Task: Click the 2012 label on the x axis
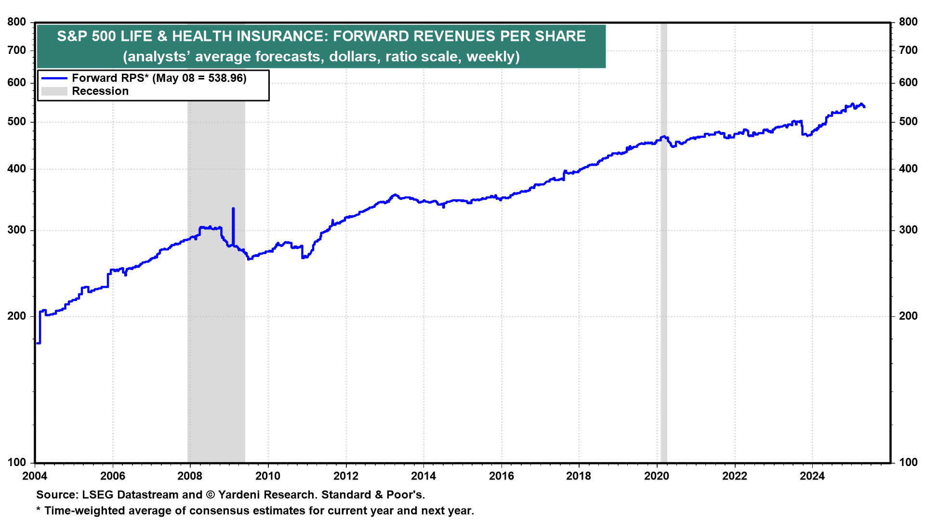pos(345,476)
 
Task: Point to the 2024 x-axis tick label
pos(812,476)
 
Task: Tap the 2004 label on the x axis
pos(35,476)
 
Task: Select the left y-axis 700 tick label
pos(17,50)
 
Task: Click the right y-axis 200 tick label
pos(908,316)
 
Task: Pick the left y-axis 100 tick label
pos(17,462)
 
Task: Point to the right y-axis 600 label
pos(908,82)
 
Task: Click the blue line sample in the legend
pos(54,78)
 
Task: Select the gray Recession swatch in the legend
pos(54,91)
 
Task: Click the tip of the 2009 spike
pos(233,208)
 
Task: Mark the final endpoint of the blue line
pos(864,107)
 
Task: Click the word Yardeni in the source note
pos(237,494)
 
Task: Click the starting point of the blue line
pos(37,343)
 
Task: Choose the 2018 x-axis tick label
pos(579,476)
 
